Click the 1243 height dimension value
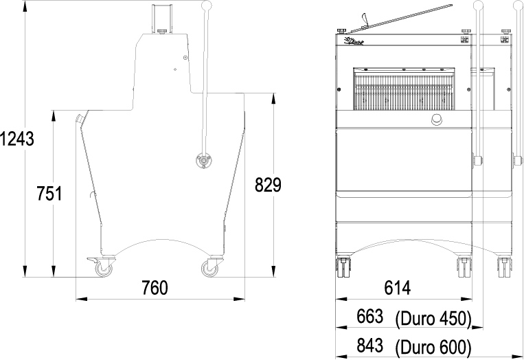(17, 139)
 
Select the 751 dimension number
(49, 194)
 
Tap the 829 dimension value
(268, 185)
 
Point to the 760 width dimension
(155, 288)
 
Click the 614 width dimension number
(398, 288)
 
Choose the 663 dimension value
(370, 316)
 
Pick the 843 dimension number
(370, 346)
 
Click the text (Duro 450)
(433, 319)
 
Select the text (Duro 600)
(433, 348)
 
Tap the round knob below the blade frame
(436, 120)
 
